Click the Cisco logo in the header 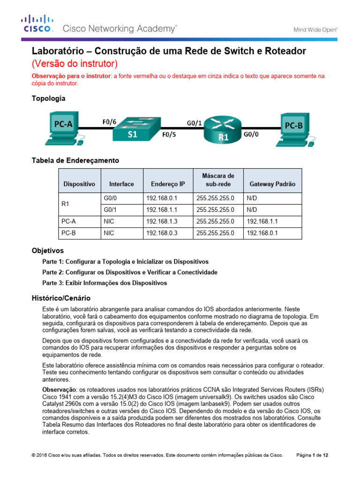(x=37, y=24)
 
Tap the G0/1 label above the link (x=195, y=123)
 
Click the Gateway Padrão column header (x=272, y=184)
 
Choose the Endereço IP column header (x=168, y=184)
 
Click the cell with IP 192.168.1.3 (x=162, y=221)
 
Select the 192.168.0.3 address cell (x=162, y=233)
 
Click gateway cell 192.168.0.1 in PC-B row (x=262, y=233)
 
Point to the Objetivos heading (x=47, y=251)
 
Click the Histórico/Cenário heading (x=61, y=298)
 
